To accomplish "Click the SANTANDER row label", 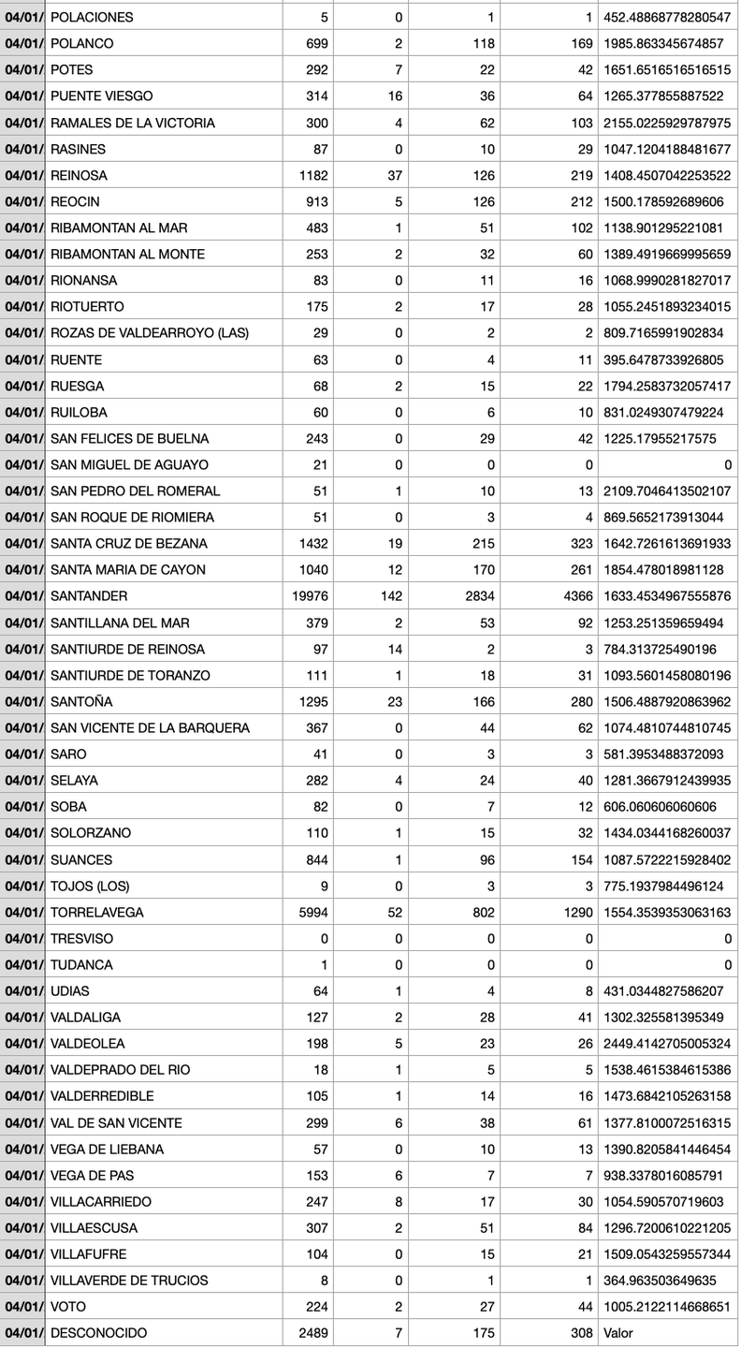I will point(89,596).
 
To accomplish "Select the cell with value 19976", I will point(310,596).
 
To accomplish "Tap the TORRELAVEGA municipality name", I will point(96,913).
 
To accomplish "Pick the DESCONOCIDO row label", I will point(98,1333).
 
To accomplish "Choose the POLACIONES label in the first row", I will point(92,17).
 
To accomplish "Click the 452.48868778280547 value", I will point(667,17).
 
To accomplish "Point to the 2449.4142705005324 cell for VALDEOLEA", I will point(667,1044).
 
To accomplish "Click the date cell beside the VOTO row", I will point(22,1307).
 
